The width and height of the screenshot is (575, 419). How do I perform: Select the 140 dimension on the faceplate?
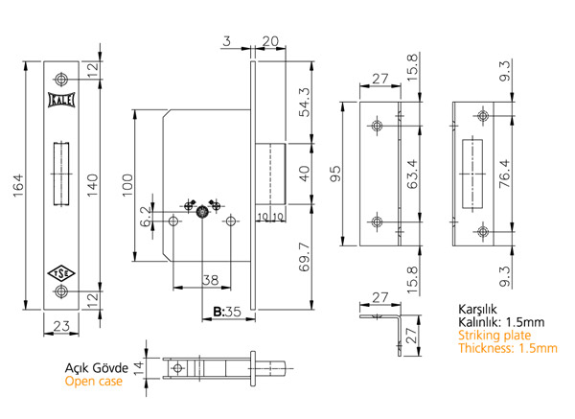(91, 185)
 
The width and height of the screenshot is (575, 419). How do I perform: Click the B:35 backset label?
(226, 313)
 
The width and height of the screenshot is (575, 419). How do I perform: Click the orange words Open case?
(94, 382)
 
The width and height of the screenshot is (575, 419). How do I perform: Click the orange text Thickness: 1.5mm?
(509, 349)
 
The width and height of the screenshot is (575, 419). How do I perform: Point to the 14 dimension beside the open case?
(138, 366)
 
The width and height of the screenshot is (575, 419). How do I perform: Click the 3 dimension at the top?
(227, 41)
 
